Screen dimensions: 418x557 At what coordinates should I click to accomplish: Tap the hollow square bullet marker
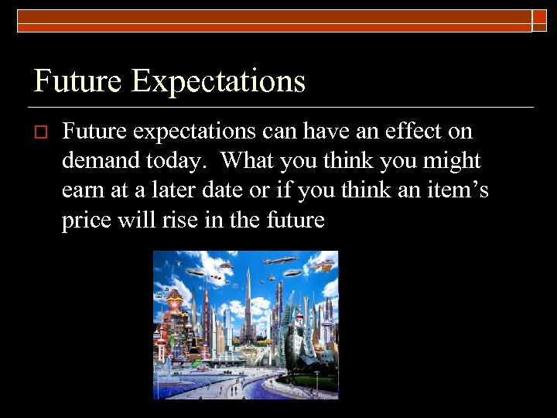[41, 133]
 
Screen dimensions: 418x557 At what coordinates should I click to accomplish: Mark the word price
[87, 221]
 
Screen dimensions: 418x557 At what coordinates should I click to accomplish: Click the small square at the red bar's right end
[539, 21]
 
